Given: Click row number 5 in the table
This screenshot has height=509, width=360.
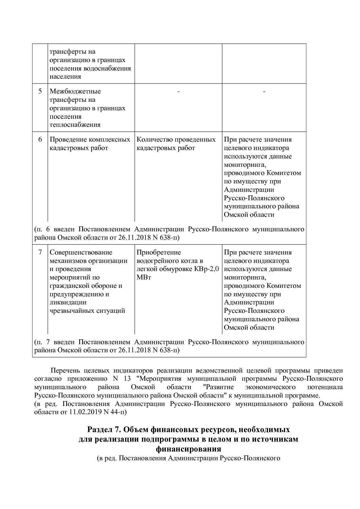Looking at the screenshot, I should (x=40, y=91).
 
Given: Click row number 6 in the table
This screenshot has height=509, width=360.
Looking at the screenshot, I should (x=40, y=140).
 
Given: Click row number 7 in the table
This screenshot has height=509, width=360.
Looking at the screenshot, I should (x=40, y=252).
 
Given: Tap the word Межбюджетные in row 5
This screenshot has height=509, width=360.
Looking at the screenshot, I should (x=75, y=91).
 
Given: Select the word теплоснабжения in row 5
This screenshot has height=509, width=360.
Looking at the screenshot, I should (x=75, y=125).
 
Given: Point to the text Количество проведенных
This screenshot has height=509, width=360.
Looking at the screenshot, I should (x=176, y=140).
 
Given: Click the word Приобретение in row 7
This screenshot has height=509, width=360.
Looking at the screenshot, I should (x=159, y=252).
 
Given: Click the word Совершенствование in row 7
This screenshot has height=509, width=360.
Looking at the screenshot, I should (x=81, y=252).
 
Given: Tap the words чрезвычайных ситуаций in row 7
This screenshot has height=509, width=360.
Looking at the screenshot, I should (x=87, y=311).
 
